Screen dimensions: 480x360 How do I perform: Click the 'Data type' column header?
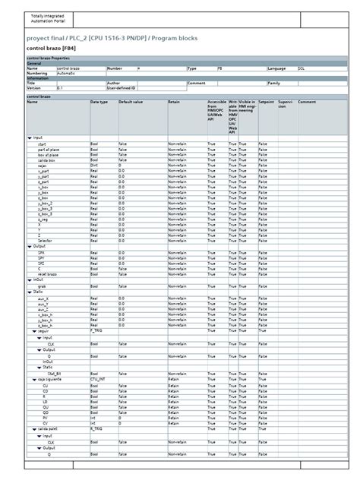99,102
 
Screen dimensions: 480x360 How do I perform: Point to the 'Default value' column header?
131,102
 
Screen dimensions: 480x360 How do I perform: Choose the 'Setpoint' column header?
266,102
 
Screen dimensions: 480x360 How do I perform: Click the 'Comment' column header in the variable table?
307,102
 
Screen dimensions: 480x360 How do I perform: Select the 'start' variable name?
42,144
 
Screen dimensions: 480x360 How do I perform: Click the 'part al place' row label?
47,150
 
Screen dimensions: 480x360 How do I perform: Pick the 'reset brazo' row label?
47,273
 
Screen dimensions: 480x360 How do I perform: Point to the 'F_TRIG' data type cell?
96,331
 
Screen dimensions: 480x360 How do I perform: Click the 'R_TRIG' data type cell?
96,429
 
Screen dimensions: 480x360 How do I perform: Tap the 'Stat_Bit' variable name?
54,374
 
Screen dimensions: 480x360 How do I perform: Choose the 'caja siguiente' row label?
49,380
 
